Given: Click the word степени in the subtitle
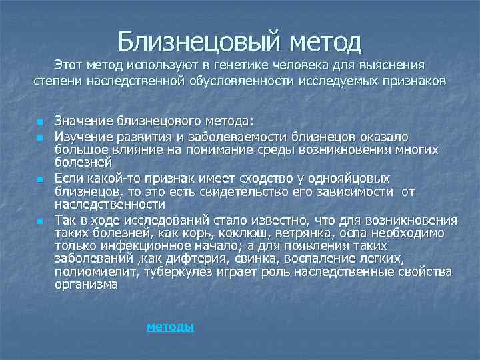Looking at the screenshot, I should (x=57, y=81).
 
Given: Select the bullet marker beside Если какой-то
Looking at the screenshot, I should (x=39, y=180).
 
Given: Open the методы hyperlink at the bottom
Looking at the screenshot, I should (x=170, y=327).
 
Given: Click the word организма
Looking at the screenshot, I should (x=86, y=285).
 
